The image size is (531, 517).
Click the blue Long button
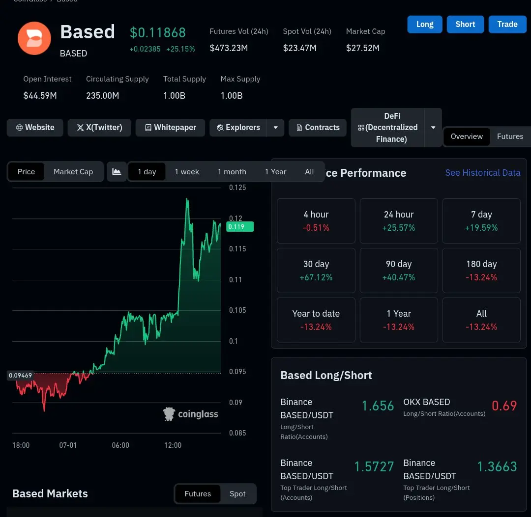pyautogui.click(x=425, y=25)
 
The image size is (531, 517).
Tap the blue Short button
pyautogui.click(x=465, y=25)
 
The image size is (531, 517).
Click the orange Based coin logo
pyautogui.click(x=34, y=38)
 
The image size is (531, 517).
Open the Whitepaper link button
pyautogui.click(x=170, y=128)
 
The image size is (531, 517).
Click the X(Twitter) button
pyautogui.click(x=99, y=128)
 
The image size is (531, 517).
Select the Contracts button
pyautogui.click(x=318, y=128)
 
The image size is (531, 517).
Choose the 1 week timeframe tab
pyautogui.click(x=187, y=172)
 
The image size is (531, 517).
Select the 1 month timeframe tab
pyautogui.click(x=232, y=172)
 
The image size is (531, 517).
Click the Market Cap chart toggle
pyautogui.click(x=73, y=172)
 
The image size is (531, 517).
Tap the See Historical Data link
pyautogui.click(x=483, y=173)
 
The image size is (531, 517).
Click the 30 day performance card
pyautogui.click(x=316, y=271)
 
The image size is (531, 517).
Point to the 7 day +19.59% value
pyautogui.click(x=481, y=228)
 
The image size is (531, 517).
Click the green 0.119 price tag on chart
pyautogui.click(x=240, y=226)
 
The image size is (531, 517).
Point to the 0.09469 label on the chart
pyautogui.click(x=20, y=375)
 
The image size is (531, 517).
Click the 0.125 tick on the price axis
pyautogui.click(x=237, y=188)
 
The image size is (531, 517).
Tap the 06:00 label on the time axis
pyautogui.click(x=120, y=445)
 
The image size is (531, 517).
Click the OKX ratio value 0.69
pyautogui.click(x=504, y=406)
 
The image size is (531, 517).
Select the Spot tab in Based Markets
pyautogui.click(x=237, y=494)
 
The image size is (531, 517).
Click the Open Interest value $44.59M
pyautogui.click(x=40, y=96)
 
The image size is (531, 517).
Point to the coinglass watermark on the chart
pyautogui.click(x=191, y=414)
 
